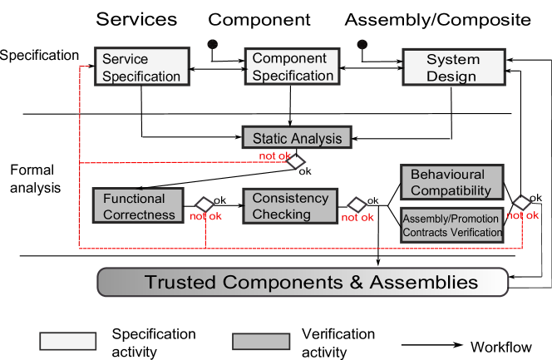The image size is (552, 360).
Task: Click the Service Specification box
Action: (141, 67)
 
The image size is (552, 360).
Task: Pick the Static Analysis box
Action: (297, 137)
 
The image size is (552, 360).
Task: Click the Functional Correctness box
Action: (139, 206)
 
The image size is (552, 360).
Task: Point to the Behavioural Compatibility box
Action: (451, 183)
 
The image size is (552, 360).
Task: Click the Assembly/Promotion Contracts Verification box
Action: (451, 225)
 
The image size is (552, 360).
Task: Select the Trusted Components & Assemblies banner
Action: (303, 282)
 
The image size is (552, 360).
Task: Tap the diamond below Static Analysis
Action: (295, 161)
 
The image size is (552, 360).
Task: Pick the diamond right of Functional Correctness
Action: (205, 205)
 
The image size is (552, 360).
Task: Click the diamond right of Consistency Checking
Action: (357, 205)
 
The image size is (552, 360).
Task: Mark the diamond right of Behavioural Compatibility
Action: (521, 203)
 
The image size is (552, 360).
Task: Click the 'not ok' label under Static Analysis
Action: (275, 155)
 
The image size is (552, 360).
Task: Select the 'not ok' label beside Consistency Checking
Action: (357, 218)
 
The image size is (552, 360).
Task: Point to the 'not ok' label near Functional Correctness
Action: (206, 217)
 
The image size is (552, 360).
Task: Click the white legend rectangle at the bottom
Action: (68, 341)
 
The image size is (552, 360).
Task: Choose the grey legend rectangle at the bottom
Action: (261, 341)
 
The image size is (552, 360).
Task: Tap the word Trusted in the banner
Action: (179, 282)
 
